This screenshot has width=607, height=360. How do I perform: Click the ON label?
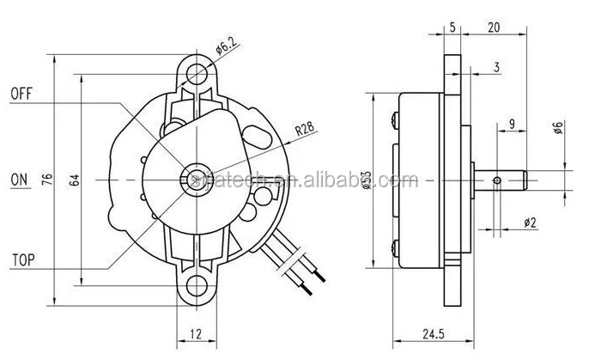tap(18, 180)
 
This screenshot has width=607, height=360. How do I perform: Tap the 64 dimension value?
tap(75, 180)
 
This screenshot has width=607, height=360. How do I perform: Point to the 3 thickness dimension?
tap(497, 66)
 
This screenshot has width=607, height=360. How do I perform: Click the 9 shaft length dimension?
tap(512, 125)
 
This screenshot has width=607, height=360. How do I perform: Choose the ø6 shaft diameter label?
tap(558, 128)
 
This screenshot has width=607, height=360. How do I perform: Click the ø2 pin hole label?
tap(530, 223)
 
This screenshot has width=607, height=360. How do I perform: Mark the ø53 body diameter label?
tap(367, 180)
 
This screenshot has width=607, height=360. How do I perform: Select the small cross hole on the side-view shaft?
tap(498, 180)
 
